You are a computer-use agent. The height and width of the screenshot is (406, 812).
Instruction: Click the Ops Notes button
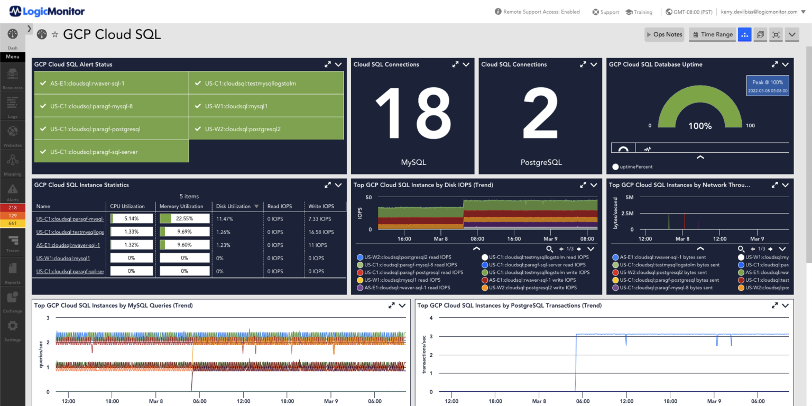coord(665,34)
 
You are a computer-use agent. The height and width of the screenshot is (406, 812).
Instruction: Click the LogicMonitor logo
coord(47,11)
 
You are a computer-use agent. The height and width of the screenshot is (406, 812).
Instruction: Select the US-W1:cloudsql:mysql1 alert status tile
coord(266,106)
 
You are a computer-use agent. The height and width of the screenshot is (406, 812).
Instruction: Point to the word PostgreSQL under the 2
coord(540,162)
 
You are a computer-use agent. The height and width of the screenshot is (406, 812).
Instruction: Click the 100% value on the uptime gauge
coord(700,126)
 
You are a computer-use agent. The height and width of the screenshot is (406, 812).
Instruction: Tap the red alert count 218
coord(13,208)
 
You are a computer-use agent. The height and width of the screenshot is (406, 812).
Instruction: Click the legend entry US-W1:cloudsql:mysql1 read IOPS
coord(402,280)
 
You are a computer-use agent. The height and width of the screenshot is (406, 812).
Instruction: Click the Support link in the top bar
coord(606,12)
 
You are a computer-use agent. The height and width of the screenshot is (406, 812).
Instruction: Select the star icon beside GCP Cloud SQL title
coord(55,35)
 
